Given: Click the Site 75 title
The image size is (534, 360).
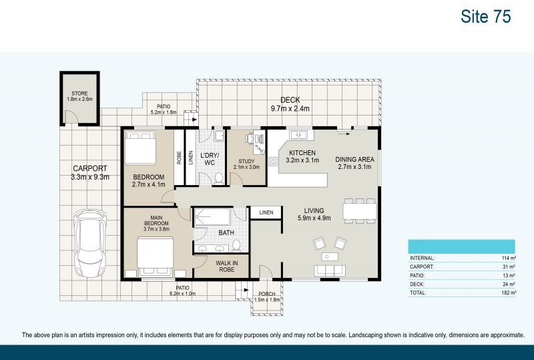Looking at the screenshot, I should point(485,17).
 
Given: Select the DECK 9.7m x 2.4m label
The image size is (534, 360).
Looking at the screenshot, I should point(289,104).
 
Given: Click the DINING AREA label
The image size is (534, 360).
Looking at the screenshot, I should point(354,164).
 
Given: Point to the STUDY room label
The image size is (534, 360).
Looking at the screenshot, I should point(246,164).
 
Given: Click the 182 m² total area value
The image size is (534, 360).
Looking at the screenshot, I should point(509,293).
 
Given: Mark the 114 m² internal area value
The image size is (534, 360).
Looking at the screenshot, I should point(509,258).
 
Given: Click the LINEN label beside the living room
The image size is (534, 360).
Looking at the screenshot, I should point(266,212).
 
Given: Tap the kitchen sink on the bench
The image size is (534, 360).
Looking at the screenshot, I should point(299,136).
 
